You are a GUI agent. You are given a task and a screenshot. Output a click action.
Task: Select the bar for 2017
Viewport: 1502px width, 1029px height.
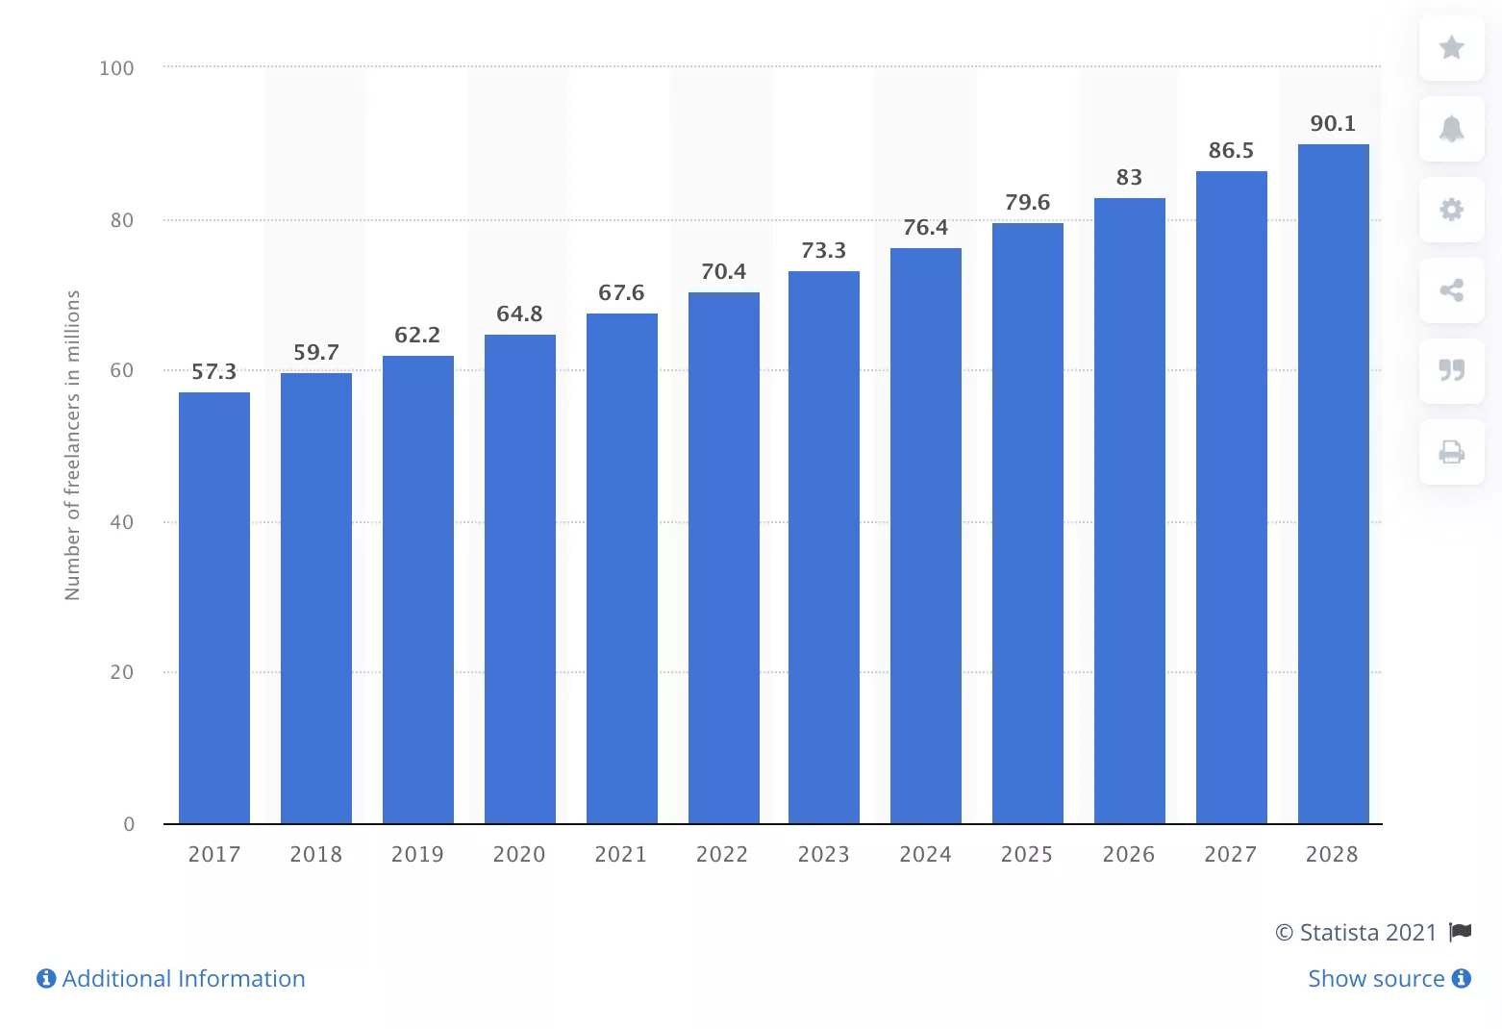214,608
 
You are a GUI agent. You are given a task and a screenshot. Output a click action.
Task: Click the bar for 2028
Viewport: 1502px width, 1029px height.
1333,484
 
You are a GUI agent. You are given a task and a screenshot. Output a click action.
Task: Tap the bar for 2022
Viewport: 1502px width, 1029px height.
723,558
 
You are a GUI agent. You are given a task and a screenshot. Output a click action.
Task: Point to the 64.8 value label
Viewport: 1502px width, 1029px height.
519,314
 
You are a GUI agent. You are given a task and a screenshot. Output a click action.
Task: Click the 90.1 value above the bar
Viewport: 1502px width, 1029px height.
1333,124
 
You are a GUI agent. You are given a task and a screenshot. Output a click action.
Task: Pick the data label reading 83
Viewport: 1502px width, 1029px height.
1129,178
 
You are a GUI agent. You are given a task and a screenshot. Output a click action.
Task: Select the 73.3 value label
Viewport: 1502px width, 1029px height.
824,251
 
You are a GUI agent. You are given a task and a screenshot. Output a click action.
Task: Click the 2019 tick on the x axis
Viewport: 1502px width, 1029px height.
417,854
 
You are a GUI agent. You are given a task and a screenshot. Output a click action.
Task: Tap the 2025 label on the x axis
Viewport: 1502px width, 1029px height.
1027,854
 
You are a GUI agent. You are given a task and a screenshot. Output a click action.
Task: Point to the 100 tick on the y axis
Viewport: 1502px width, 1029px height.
116,68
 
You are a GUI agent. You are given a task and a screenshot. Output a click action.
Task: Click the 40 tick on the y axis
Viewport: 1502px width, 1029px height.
122,522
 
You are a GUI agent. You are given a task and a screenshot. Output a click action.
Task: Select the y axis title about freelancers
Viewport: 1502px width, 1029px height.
73,445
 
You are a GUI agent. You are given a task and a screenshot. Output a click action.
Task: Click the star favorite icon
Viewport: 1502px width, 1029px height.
1451,47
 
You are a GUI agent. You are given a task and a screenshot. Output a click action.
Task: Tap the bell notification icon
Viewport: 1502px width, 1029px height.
1451,129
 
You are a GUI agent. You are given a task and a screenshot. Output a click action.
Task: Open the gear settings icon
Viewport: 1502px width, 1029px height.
1451,210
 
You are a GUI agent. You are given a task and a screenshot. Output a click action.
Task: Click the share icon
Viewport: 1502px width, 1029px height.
1451,290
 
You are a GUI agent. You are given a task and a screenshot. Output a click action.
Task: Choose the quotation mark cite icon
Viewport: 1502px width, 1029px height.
1451,370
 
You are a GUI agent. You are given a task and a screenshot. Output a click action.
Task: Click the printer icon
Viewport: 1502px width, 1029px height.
1451,451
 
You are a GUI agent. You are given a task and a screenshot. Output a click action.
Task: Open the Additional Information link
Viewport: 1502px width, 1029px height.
171,979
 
